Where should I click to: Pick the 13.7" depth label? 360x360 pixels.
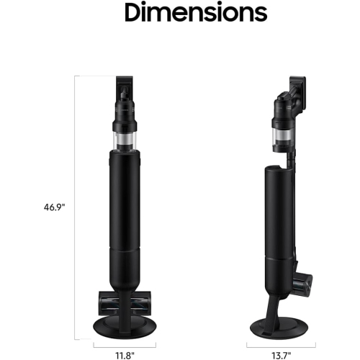276,354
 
